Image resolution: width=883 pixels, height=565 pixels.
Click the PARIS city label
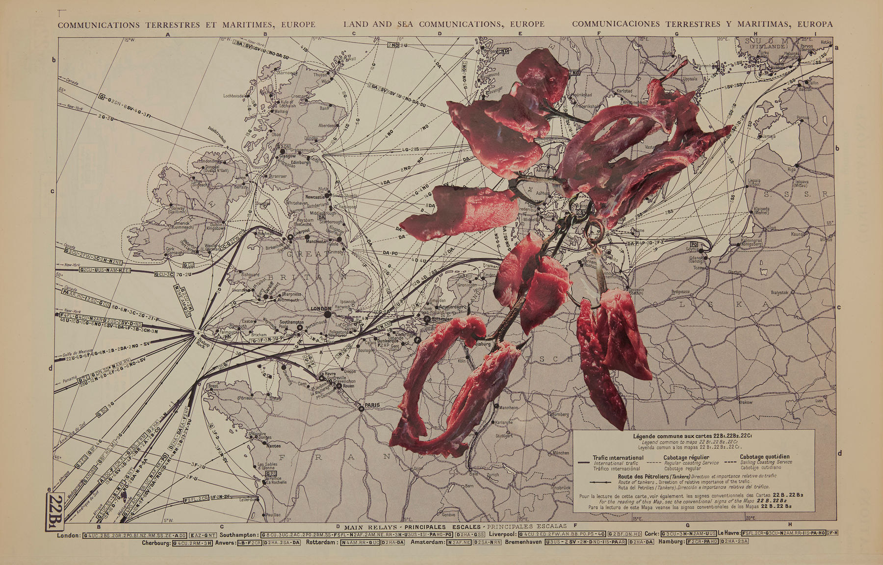pos(373,406)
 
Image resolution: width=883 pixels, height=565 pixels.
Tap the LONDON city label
pos(321,308)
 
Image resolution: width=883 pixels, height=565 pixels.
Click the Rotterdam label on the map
pos(442,318)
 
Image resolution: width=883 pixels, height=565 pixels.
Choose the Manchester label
pos(316,241)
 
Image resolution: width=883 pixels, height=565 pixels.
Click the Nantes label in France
pos(273,446)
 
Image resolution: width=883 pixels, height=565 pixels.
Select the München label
pos(561,453)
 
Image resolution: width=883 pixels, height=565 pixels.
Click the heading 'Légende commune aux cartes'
pos(692,436)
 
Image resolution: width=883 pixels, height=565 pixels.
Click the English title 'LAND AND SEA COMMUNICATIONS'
pos(443,24)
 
